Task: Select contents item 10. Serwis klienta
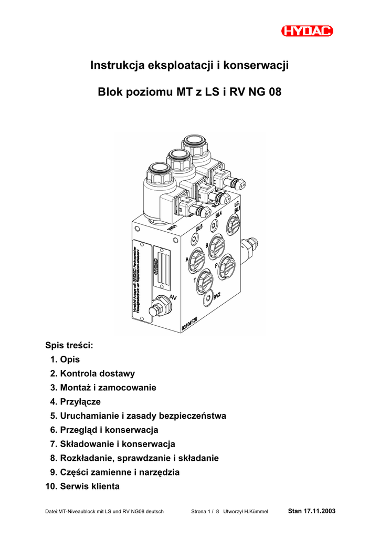[83, 487]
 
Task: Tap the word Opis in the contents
[70, 360]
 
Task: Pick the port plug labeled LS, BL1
[233, 226]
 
